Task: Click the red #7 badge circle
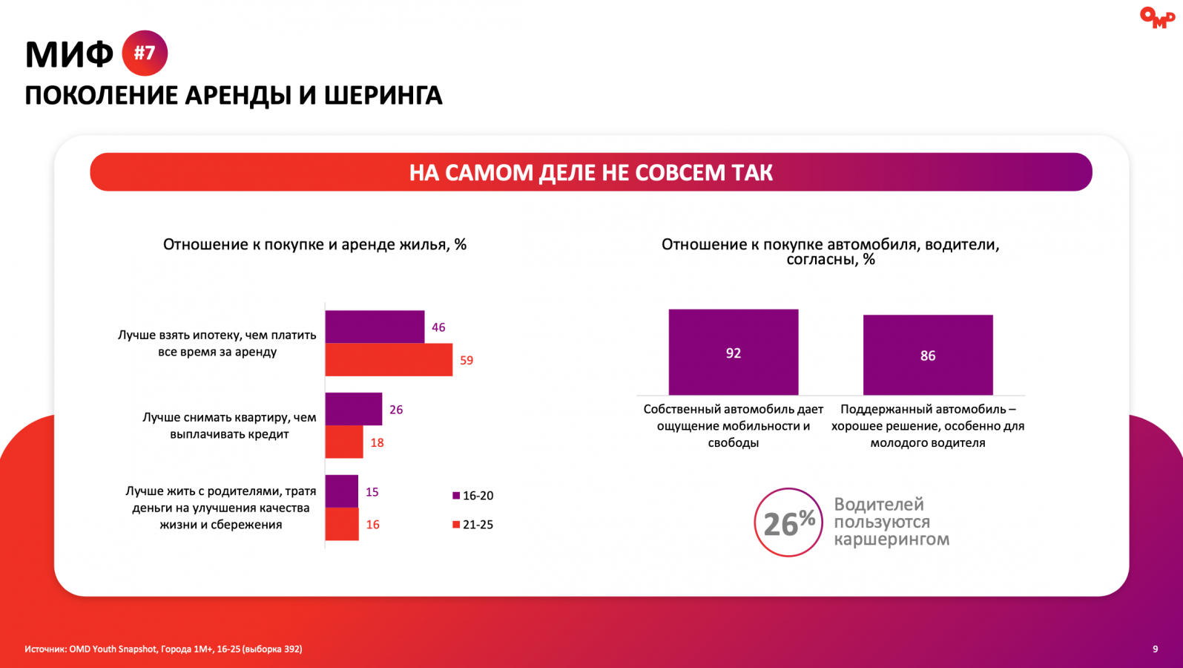(x=145, y=53)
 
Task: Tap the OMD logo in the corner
(x=1156, y=18)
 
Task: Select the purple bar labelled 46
(x=375, y=327)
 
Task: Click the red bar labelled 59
(x=389, y=360)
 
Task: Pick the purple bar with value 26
(x=354, y=409)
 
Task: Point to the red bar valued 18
(x=344, y=442)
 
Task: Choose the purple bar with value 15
(x=342, y=491)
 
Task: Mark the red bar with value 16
(x=342, y=524)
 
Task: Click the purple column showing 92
(x=733, y=352)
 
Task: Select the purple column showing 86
(x=927, y=355)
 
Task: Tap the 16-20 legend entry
(x=473, y=496)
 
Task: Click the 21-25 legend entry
(x=473, y=525)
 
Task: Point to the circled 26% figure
(x=788, y=523)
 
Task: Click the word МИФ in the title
(x=69, y=54)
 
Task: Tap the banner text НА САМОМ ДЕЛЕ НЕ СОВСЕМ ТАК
(x=590, y=172)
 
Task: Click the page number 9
(x=1155, y=649)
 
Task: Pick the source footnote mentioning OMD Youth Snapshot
(x=163, y=649)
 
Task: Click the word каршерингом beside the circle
(x=891, y=540)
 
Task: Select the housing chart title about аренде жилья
(x=314, y=244)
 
